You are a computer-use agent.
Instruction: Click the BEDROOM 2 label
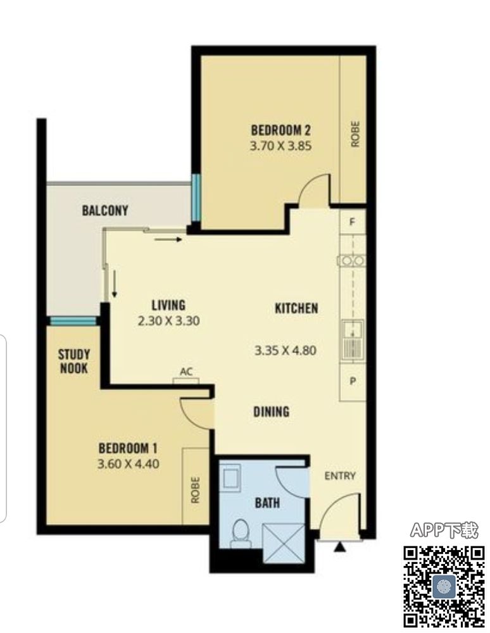[x=281, y=130]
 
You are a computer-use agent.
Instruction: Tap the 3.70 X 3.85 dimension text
[x=281, y=146]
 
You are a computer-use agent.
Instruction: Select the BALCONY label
[x=105, y=210]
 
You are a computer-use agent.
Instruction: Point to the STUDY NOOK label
[x=74, y=361]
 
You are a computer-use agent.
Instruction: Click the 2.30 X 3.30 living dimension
[x=169, y=321]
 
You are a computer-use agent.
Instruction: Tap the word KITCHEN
[x=297, y=308]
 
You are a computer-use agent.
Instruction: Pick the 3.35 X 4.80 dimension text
[x=286, y=350]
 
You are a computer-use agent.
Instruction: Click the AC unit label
[x=186, y=372]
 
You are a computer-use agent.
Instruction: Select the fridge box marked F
[x=353, y=222]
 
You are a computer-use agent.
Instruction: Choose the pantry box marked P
[x=353, y=381]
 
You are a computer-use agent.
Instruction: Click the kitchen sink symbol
[x=353, y=339]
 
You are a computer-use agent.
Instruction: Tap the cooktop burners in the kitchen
[x=352, y=261]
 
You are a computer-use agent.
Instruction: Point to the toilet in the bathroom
[x=241, y=534]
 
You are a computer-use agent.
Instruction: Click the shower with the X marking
[x=284, y=543]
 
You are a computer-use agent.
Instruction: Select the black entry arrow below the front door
[x=340, y=547]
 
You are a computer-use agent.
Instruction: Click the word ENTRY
[x=340, y=476]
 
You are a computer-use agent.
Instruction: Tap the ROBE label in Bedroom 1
[x=196, y=490]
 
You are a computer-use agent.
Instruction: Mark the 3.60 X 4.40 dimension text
[x=129, y=463]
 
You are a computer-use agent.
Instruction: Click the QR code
[x=444, y=586]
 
